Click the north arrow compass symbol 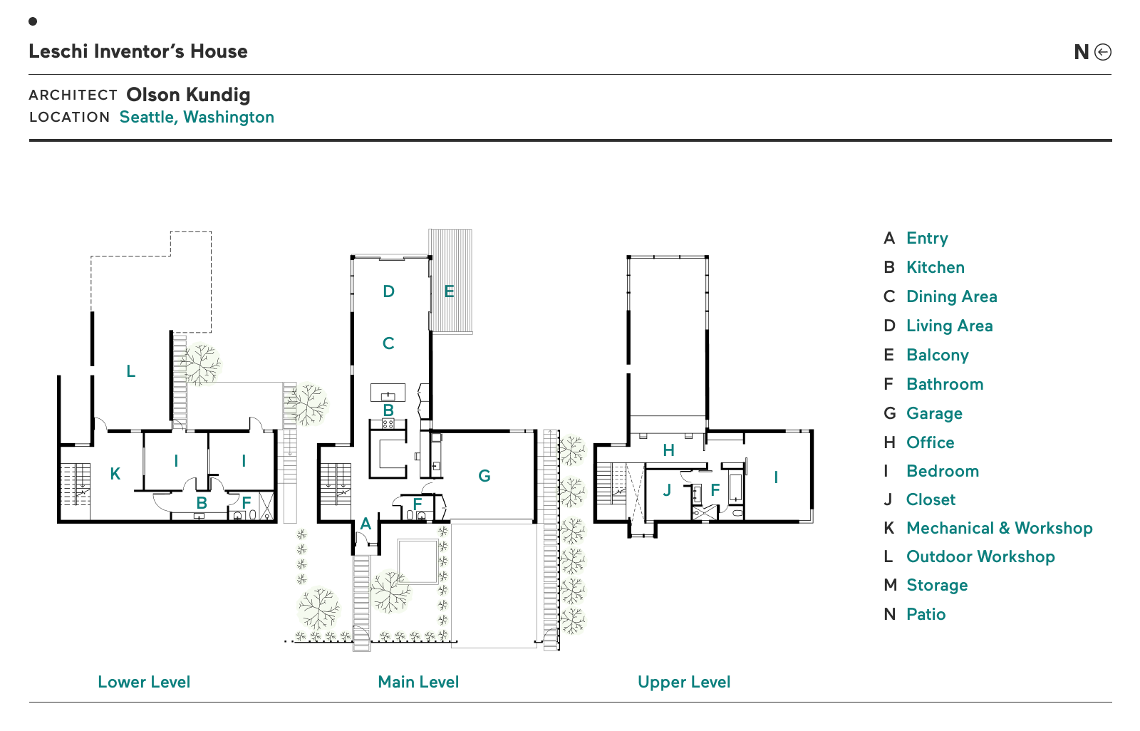(x=1103, y=52)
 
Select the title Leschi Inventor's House (x=138, y=51)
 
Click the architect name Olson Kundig (x=188, y=95)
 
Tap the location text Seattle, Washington (x=197, y=117)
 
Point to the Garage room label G (x=484, y=476)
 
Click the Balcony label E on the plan (x=449, y=291)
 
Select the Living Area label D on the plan (x=389, y=291)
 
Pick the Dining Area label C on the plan (x=388, y=343)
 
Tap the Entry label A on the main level (x=366, y=524)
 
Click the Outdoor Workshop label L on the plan (x=131, y=371)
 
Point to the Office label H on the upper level (x=669, y=450)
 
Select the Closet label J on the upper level (x=667, y=490)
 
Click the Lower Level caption (x=144, y=682)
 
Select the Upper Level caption (x=684, y=683)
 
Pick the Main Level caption (x=418, y=682)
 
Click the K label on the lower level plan (x=115, y=474)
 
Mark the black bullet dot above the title (x=33, y=21)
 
